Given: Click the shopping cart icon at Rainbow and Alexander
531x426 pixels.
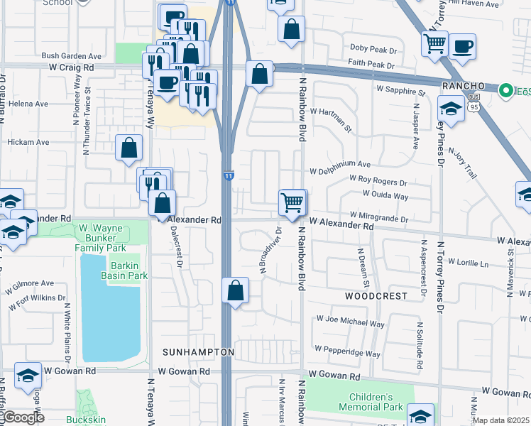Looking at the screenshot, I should [x=292, y=202].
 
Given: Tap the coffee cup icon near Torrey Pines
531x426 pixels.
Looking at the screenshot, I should [x=462, y=47].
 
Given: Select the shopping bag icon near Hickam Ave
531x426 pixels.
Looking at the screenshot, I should [x=129, y=149].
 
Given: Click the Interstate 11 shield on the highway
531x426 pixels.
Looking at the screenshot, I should [x=228, y=175].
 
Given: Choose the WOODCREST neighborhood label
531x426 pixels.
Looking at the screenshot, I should [x=376, y=295].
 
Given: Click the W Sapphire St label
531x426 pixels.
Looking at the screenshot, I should [x=400, y=91].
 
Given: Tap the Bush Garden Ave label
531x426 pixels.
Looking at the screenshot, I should [x=72, y=55].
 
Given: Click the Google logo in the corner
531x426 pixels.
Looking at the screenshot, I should [x=23, y=417].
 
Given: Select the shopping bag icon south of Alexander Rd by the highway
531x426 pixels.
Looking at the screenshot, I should [x=235, y=291].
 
